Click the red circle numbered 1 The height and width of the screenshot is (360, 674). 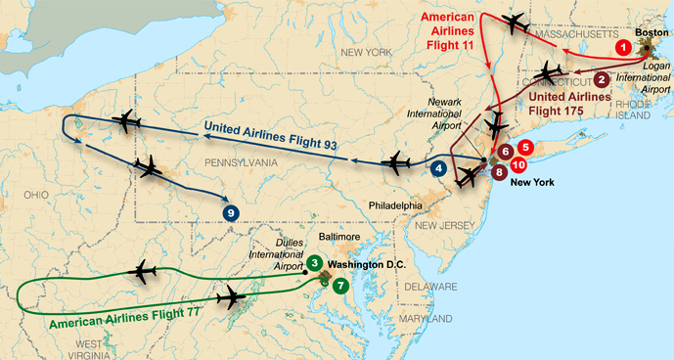click(621, 46)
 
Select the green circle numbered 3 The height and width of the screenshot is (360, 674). click(313, 262)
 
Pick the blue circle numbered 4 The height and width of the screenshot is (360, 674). click(439, 167)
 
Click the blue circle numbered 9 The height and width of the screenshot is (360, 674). click(231, 212)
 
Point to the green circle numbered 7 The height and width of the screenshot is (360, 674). click(339, 286)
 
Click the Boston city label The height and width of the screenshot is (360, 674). click(652, 32)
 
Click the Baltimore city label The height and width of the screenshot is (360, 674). click(338, 237)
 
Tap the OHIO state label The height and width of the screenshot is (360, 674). click(35, 195)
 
